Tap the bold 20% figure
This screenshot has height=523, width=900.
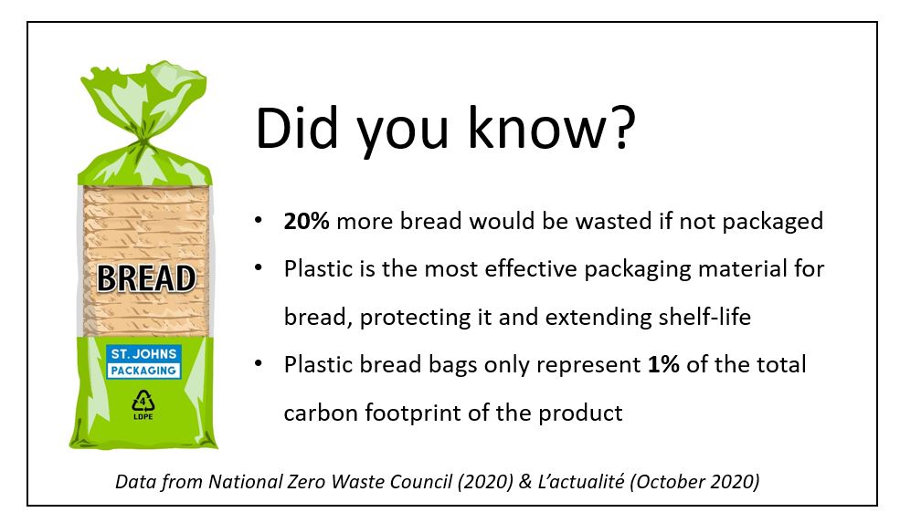(306, 221)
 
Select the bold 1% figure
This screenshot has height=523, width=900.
(663, 364)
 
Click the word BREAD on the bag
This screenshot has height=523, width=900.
(146, 278)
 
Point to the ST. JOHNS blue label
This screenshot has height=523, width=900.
(143, 354)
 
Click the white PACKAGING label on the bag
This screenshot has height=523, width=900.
(143, 371)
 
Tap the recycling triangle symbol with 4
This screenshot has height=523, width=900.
(143, 401)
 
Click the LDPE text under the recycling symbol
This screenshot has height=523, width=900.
(143, 416)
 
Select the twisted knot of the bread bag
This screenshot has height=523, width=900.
(144, 141)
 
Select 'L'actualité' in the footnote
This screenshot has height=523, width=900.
(581, 481)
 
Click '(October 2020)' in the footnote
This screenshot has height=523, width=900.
(694, 481)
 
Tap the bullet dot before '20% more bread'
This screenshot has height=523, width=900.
(259, 220)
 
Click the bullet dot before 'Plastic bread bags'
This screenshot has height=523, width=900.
(259, 363)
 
